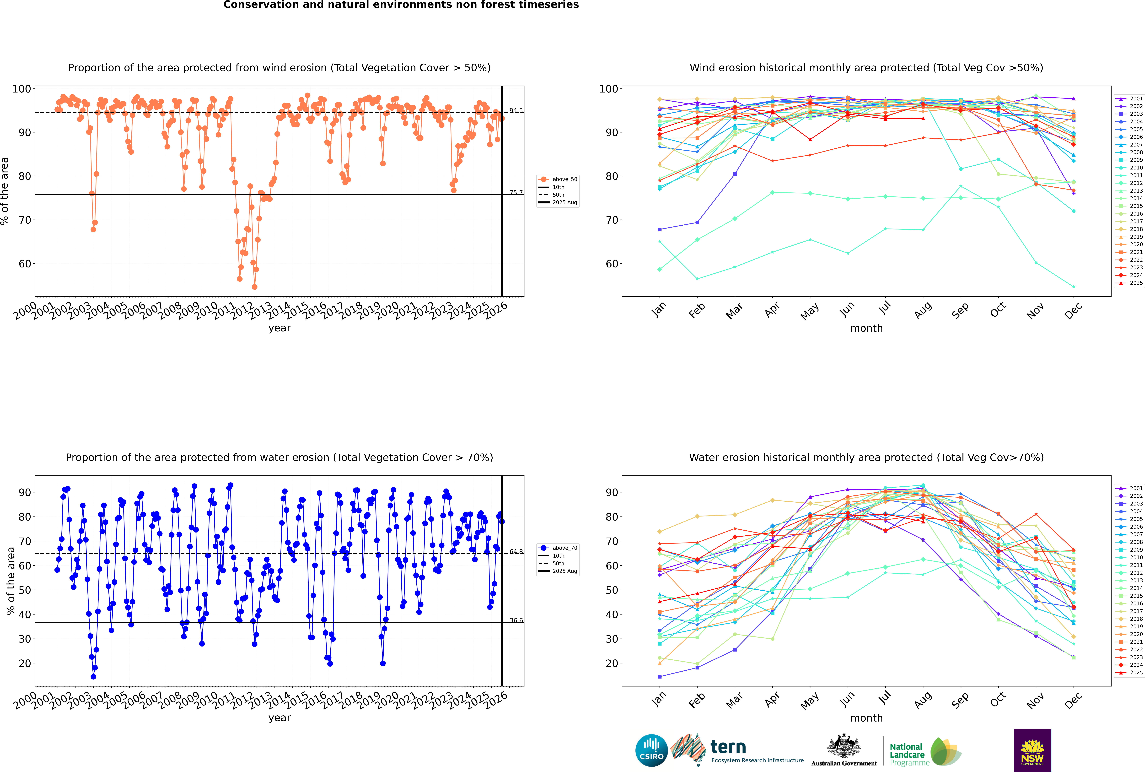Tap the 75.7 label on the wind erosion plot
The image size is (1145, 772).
516,192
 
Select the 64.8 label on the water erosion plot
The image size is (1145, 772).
516,551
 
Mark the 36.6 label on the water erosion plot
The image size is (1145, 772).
516,620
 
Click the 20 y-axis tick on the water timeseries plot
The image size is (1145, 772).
25,663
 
